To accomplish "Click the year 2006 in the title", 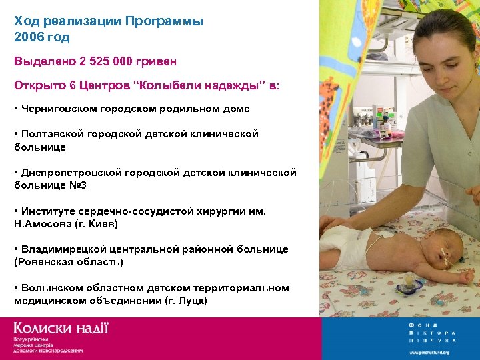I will [x=29, y=37].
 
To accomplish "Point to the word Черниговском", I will [x=63, y=109].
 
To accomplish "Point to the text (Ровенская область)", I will [x=69, y=262].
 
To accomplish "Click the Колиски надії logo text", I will [x=61, y=329].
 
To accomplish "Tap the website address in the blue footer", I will [x=429, y=352].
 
